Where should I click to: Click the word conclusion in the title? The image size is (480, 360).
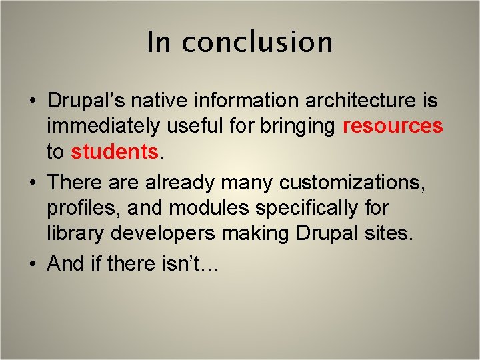(257, 42)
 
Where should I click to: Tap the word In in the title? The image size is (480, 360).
(159, 42)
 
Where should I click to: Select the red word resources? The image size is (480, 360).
(393, 126)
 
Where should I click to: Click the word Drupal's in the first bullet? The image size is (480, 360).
(87, 101)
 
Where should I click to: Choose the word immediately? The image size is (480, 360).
(104, 126)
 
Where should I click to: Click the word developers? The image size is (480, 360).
(159, 235)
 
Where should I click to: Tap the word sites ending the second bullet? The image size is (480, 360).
(391, 235)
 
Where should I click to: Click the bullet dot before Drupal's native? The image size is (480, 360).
(33, 102)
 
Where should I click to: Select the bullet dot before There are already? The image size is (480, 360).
(33, 182)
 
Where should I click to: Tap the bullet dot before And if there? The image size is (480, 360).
(33, 265)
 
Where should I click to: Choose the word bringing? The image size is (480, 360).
(297, 126)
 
